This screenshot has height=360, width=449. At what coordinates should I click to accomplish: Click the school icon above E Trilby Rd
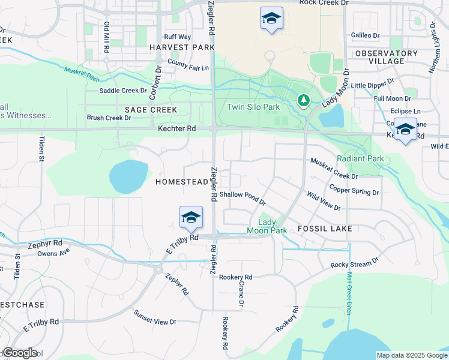coord(191,217)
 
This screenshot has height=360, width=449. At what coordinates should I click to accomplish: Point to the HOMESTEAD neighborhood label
coord(181,181)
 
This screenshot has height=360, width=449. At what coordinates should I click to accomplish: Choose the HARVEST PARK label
coord(182,47)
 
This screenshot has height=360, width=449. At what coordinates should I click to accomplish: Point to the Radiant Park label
coord(360,158)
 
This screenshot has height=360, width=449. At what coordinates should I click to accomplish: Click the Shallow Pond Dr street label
coord(242,199)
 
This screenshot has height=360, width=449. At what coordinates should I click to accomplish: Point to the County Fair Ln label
coord(188,65)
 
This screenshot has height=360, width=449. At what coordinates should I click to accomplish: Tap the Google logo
coord(20,353)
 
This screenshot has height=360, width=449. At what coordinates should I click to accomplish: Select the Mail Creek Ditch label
coord(349,295)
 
